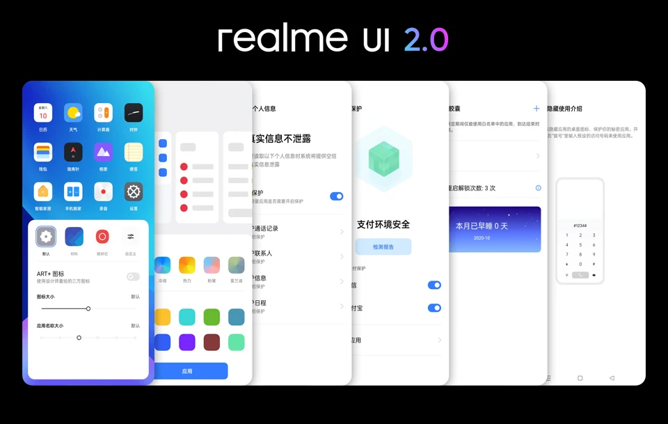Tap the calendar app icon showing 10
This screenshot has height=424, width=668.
[43, 113]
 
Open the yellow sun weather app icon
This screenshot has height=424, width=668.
[73, 113]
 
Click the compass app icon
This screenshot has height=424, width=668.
[73, 152]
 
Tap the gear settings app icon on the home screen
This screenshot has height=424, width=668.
[133, 191]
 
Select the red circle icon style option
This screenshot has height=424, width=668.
[102, 237]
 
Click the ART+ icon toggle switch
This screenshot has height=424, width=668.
[133, 277]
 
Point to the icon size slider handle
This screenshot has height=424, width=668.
[88, 308]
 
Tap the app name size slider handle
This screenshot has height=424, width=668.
[79, 338]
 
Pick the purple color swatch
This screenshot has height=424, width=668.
[187, 342]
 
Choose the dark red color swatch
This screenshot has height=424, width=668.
[212, 342]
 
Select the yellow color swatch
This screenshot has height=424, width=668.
[163, 317]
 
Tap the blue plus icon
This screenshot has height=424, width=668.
[536, 109]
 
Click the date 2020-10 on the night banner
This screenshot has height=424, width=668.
[482, 238]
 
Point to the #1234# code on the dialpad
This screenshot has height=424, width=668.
[580, 226]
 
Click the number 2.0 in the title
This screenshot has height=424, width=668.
[426, 39]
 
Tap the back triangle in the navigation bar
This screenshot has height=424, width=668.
[612, 378]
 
